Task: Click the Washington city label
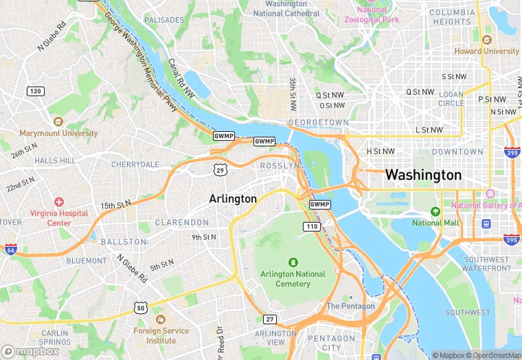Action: coord(423,175)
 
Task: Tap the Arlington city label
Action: coord(233,199)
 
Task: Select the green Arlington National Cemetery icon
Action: coord(293,262)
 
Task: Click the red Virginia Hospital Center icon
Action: coord(59,202)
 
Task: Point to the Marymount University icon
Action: coord(58,122)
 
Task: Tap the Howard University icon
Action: coord(487,40)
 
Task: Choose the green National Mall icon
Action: coord(435,212)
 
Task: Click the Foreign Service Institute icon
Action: coord(161,319)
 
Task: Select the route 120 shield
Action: coord(36,91)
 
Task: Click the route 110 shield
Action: coord(312,226)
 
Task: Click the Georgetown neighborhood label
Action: coord(318,122)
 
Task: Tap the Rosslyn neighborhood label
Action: coord(280,166)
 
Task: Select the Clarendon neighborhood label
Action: coord(182,223)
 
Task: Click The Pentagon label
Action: coord(350,306)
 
